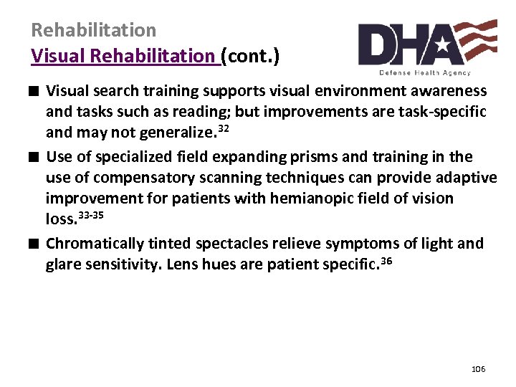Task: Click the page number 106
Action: (479, 369)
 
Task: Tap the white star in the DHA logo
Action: (442, 47)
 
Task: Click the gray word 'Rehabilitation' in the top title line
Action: (93, 30)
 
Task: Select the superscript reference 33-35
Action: (95, 214)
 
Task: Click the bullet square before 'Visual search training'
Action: (35, 91)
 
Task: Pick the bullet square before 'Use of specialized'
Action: (35, 157)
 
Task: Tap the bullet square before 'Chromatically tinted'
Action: (35, 244)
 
